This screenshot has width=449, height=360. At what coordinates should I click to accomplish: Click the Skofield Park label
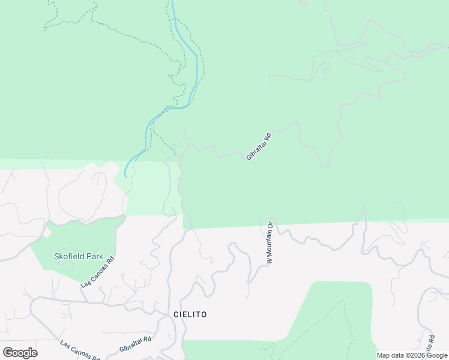79,256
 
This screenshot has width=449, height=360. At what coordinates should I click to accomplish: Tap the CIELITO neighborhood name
190,314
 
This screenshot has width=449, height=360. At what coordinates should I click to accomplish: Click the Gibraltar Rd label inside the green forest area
259,146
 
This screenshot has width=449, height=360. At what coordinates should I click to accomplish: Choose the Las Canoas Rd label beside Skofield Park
98,272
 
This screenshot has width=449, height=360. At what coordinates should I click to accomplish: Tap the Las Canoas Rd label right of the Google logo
80,351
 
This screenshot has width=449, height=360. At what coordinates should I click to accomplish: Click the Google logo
20,353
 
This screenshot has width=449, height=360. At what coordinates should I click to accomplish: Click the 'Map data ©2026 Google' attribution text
412,355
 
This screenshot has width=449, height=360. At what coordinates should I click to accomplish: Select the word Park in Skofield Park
95,256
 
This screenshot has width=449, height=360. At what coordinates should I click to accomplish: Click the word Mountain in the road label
270,245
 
